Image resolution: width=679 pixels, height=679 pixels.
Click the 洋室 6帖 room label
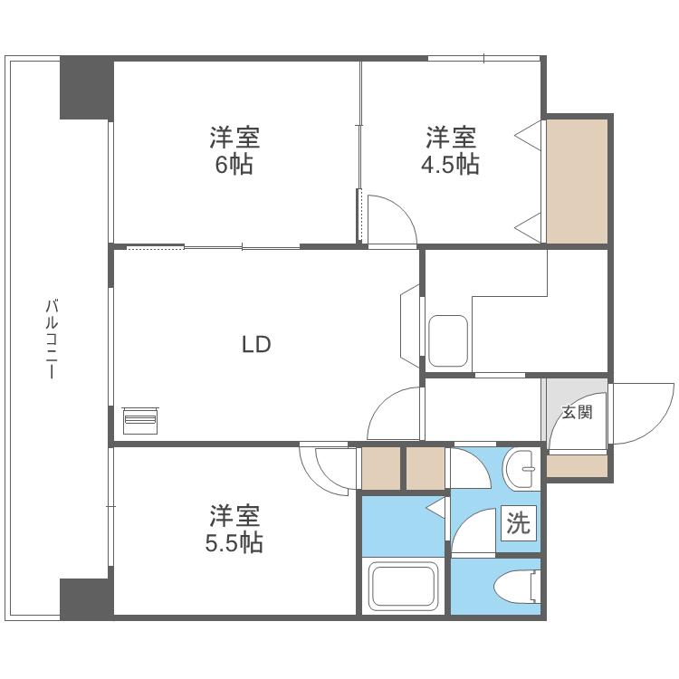point(234,151)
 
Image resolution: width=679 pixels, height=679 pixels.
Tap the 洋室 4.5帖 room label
point(450,151)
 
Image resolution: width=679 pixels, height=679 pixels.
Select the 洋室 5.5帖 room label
point(234,530)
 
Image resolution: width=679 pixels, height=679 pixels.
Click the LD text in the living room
point(256,344)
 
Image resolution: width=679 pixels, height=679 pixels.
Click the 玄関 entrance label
point(577,413)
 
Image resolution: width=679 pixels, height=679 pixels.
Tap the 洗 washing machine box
point(519,522)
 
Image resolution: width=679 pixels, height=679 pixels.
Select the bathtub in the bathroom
point(404,588)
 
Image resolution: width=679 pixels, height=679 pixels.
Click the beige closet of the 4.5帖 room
point(577,181)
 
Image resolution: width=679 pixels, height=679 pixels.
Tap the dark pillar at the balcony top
point(87,88)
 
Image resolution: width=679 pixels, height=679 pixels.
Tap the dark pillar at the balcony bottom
point(87,598)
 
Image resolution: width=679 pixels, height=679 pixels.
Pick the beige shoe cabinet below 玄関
point(577,466)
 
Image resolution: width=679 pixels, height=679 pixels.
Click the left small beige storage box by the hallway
point(380,469)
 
